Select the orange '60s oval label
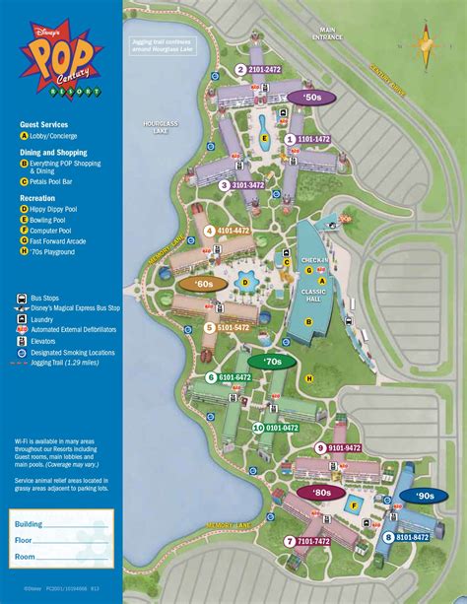[x=203, y=284]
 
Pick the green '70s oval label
[x=272, y=362]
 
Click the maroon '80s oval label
[x=322, y=492]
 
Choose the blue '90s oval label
[x=424, y=496]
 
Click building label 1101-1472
[x=308, y=140]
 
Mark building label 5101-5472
[x=228, y=328]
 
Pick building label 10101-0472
[x=276, y=428]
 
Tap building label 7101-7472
[x=307, y=541]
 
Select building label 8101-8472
[x=407, y=537]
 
